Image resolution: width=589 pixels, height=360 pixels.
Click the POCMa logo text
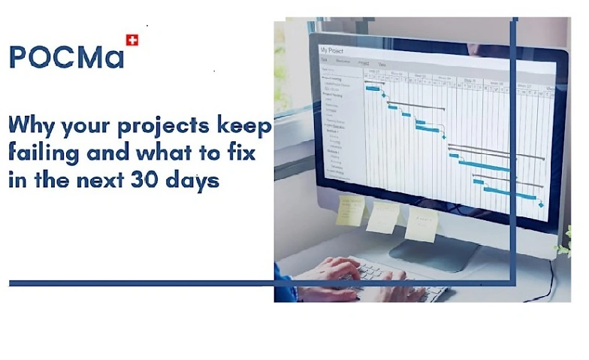[x=66, y=56]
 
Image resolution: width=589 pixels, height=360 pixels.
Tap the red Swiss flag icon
[x=132, y=40]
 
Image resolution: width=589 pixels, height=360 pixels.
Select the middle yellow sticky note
[x=382, y=217]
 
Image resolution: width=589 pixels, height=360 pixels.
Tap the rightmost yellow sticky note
[x=421, y=224]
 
